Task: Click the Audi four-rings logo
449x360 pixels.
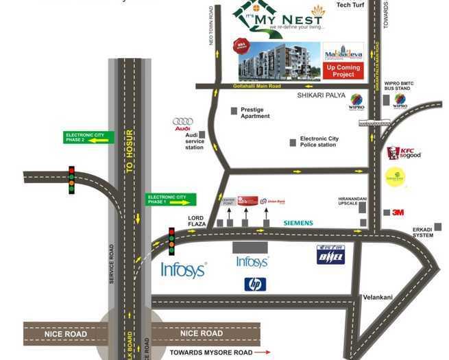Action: click(x=183, y=121)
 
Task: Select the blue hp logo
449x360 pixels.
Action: click(x=255, y=284)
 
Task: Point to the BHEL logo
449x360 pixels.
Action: click(x=330, y=254)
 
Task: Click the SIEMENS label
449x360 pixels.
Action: click(x=298, y=223)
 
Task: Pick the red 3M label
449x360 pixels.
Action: click(x=398, y=213)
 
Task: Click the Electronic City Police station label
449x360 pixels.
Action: click(x=319, y=142)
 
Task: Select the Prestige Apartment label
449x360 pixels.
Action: click(x=255, y=113)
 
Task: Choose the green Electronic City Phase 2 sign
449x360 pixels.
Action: click(x=84, y=136)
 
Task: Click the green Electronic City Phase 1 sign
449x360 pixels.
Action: click(x=171, y=200)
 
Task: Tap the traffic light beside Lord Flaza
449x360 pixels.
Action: click(x=171, y=241)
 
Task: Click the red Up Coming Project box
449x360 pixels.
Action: click(x=344, y=71)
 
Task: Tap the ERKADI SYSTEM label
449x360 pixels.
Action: click(x=423, y=232)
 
